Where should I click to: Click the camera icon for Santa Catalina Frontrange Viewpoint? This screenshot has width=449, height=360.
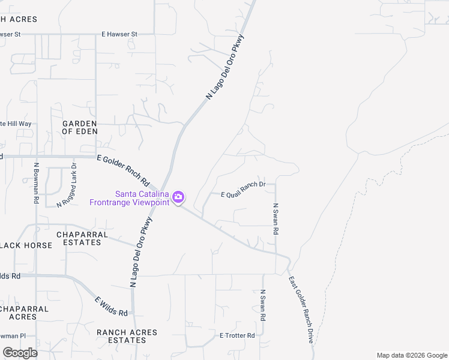click(178, 197)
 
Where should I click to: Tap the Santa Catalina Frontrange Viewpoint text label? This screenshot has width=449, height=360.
click(129, 197)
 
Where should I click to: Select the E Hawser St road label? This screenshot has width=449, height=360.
click(119, 34)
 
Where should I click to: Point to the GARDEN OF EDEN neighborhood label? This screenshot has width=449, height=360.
click(80, 127)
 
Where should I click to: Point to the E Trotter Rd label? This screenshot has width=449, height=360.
click(237, 335)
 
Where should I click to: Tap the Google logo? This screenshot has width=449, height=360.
click(20, 352)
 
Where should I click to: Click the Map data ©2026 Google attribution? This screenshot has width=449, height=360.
click(412, 355)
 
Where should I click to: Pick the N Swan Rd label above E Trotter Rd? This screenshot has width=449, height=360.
click(262, 305)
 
